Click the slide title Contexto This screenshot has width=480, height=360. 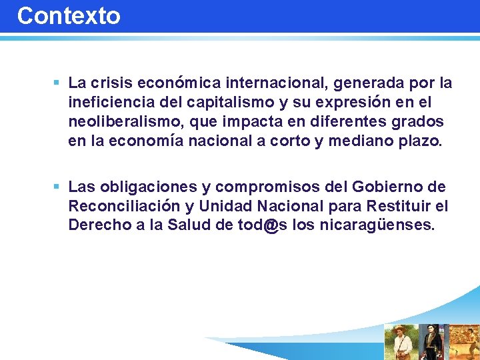coord(69,16)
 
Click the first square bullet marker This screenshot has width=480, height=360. coord(57,83)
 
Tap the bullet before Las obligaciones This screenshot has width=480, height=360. coord(57,187)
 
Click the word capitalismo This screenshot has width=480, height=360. coord(217,103)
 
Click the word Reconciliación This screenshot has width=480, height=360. coord(124,207)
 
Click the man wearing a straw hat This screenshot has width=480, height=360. coord(401,341)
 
